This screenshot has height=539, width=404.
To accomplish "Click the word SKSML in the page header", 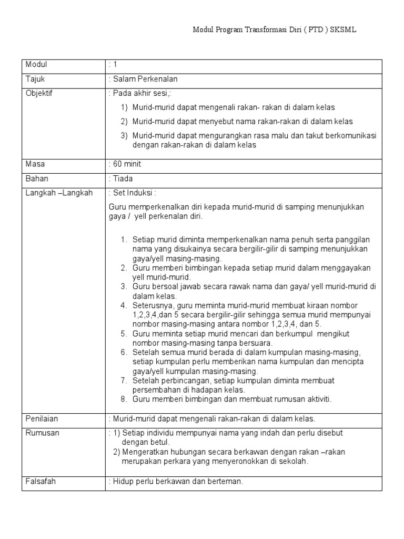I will pyautogui.click(x=344, y=31).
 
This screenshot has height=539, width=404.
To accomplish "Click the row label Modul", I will pyautogui.click(x=36, y=65).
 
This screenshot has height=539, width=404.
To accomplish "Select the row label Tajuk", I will pyautogui.click(x=34, y=79).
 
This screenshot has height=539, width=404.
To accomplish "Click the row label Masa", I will pyautogui.click(x=35, y=164).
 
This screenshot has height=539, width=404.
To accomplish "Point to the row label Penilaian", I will pyautogui.click(x=42, y=418).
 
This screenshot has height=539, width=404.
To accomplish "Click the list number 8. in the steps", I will pyautogui.click(x=124, y=399).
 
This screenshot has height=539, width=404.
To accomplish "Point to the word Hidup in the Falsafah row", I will pyautogui.click(x=121, y=481).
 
